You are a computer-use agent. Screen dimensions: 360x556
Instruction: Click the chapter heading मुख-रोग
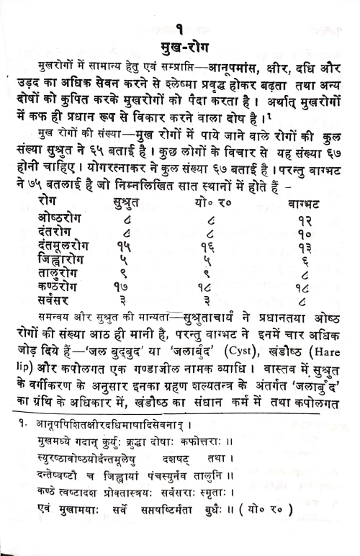coord(180,48)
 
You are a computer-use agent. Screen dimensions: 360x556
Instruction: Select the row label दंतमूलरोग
coord(66,246)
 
